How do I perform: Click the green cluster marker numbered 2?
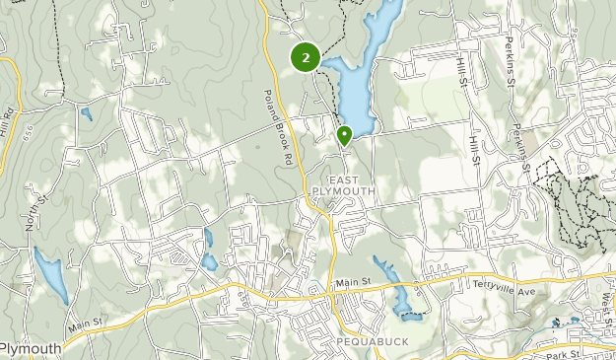306,58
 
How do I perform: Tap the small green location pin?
344,135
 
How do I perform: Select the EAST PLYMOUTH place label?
339,185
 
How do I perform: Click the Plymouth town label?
30,348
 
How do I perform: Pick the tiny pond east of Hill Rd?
87,113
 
